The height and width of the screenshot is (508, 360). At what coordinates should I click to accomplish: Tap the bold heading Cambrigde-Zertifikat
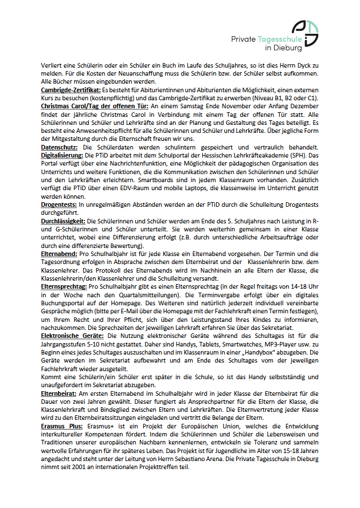point(71,90)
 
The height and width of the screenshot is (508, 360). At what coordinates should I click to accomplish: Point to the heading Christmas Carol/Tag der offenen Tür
point(95,106)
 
